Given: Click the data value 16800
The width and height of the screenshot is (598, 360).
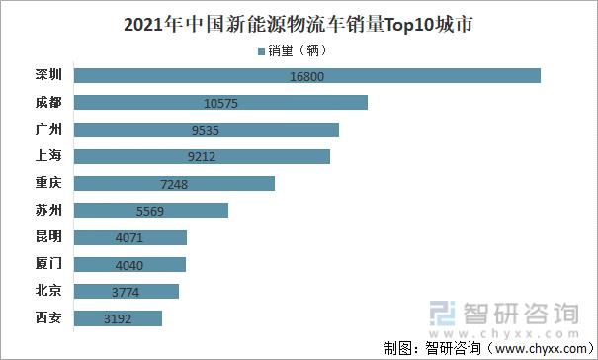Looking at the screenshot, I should point(307,76).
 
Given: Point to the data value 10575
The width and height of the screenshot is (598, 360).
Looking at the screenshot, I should point(220,103).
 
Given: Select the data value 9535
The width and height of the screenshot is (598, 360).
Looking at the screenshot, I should point(207,130).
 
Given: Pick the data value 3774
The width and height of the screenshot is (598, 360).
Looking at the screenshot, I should point(127,291).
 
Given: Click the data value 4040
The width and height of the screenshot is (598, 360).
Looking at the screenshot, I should point(129,264).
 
